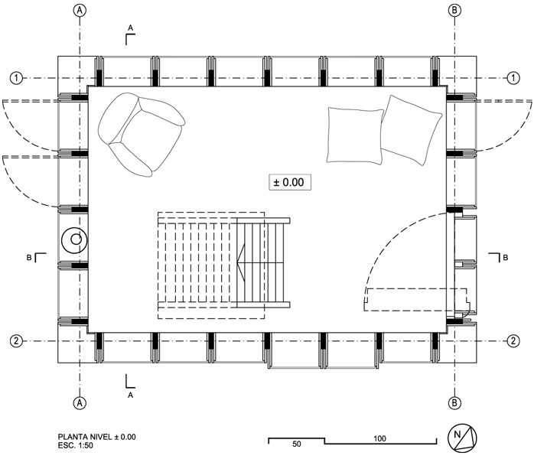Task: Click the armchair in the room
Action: [x=141, y=135]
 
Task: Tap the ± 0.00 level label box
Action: [x=290, y=182]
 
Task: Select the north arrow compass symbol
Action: [x=462, y=438]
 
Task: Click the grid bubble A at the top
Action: [x=80, y=11]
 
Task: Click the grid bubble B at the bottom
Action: [x=454, y=403]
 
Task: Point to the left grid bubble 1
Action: [x=16, y=78]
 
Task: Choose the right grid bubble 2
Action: [x=513, y=341]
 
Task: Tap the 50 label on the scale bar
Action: [x=297, y=444]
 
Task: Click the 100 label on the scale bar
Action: [x=379, y=438]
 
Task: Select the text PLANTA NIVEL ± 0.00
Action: [x=96, y=437]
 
